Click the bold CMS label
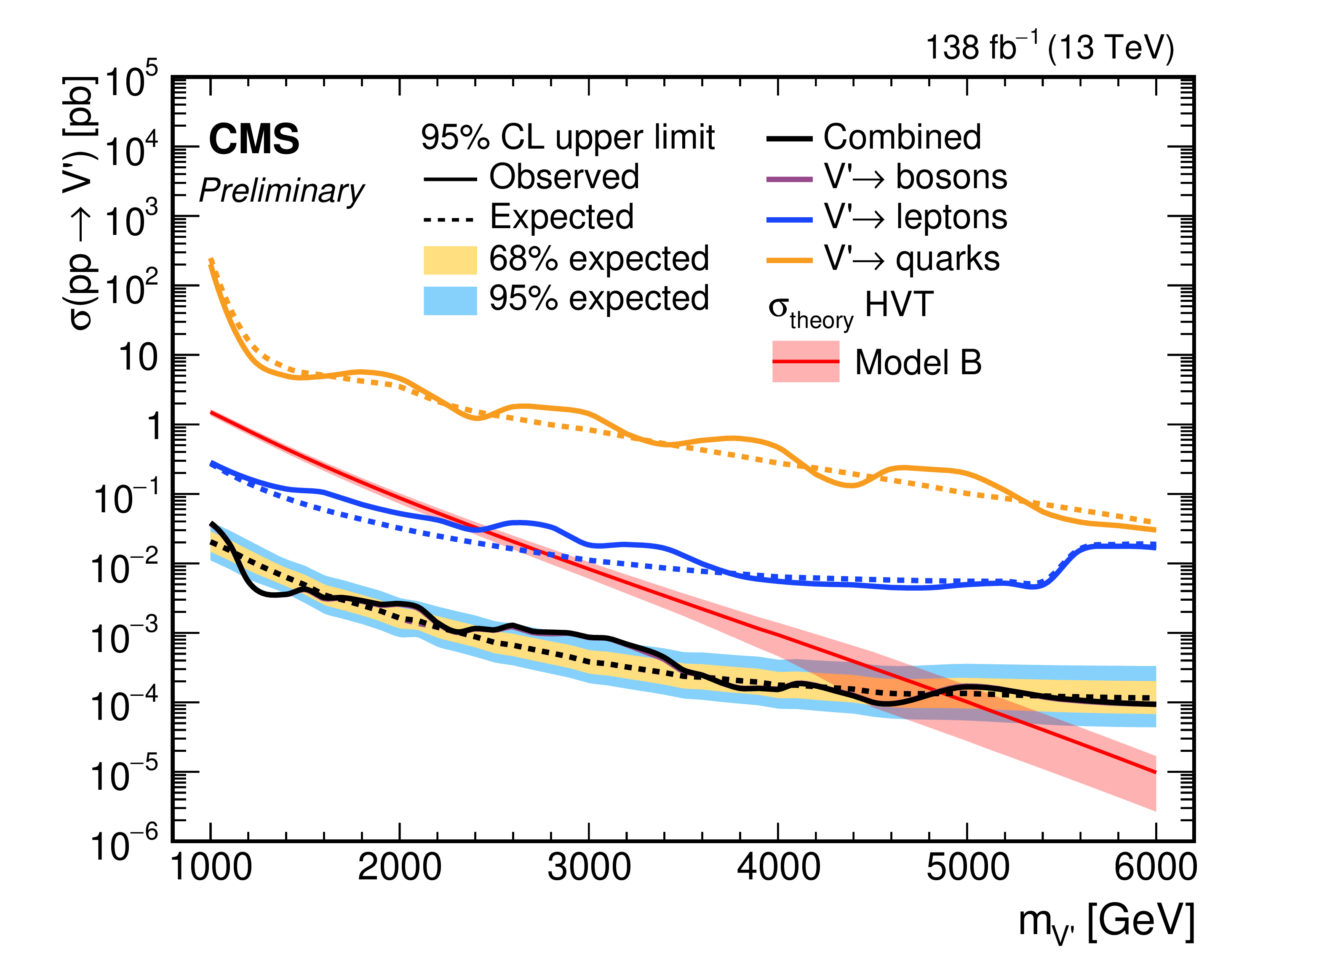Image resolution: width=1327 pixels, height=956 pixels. (254, 140)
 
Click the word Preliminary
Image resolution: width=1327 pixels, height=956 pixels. (281, 191)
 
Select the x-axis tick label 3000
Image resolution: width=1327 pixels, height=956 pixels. (589, 868)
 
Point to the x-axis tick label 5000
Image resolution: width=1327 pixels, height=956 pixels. (967, 868)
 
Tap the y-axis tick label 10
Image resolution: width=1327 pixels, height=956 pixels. (138, 357)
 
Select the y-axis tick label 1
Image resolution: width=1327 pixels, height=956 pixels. (154, 426)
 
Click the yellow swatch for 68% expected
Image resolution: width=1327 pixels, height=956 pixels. (450, 260)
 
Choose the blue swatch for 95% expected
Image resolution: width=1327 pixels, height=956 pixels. (450, 301)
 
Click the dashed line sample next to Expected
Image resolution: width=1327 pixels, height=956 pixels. (449, 220)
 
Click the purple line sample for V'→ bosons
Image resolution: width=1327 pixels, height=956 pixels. (789, 179)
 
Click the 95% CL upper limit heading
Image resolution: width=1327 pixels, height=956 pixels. (568, 137)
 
